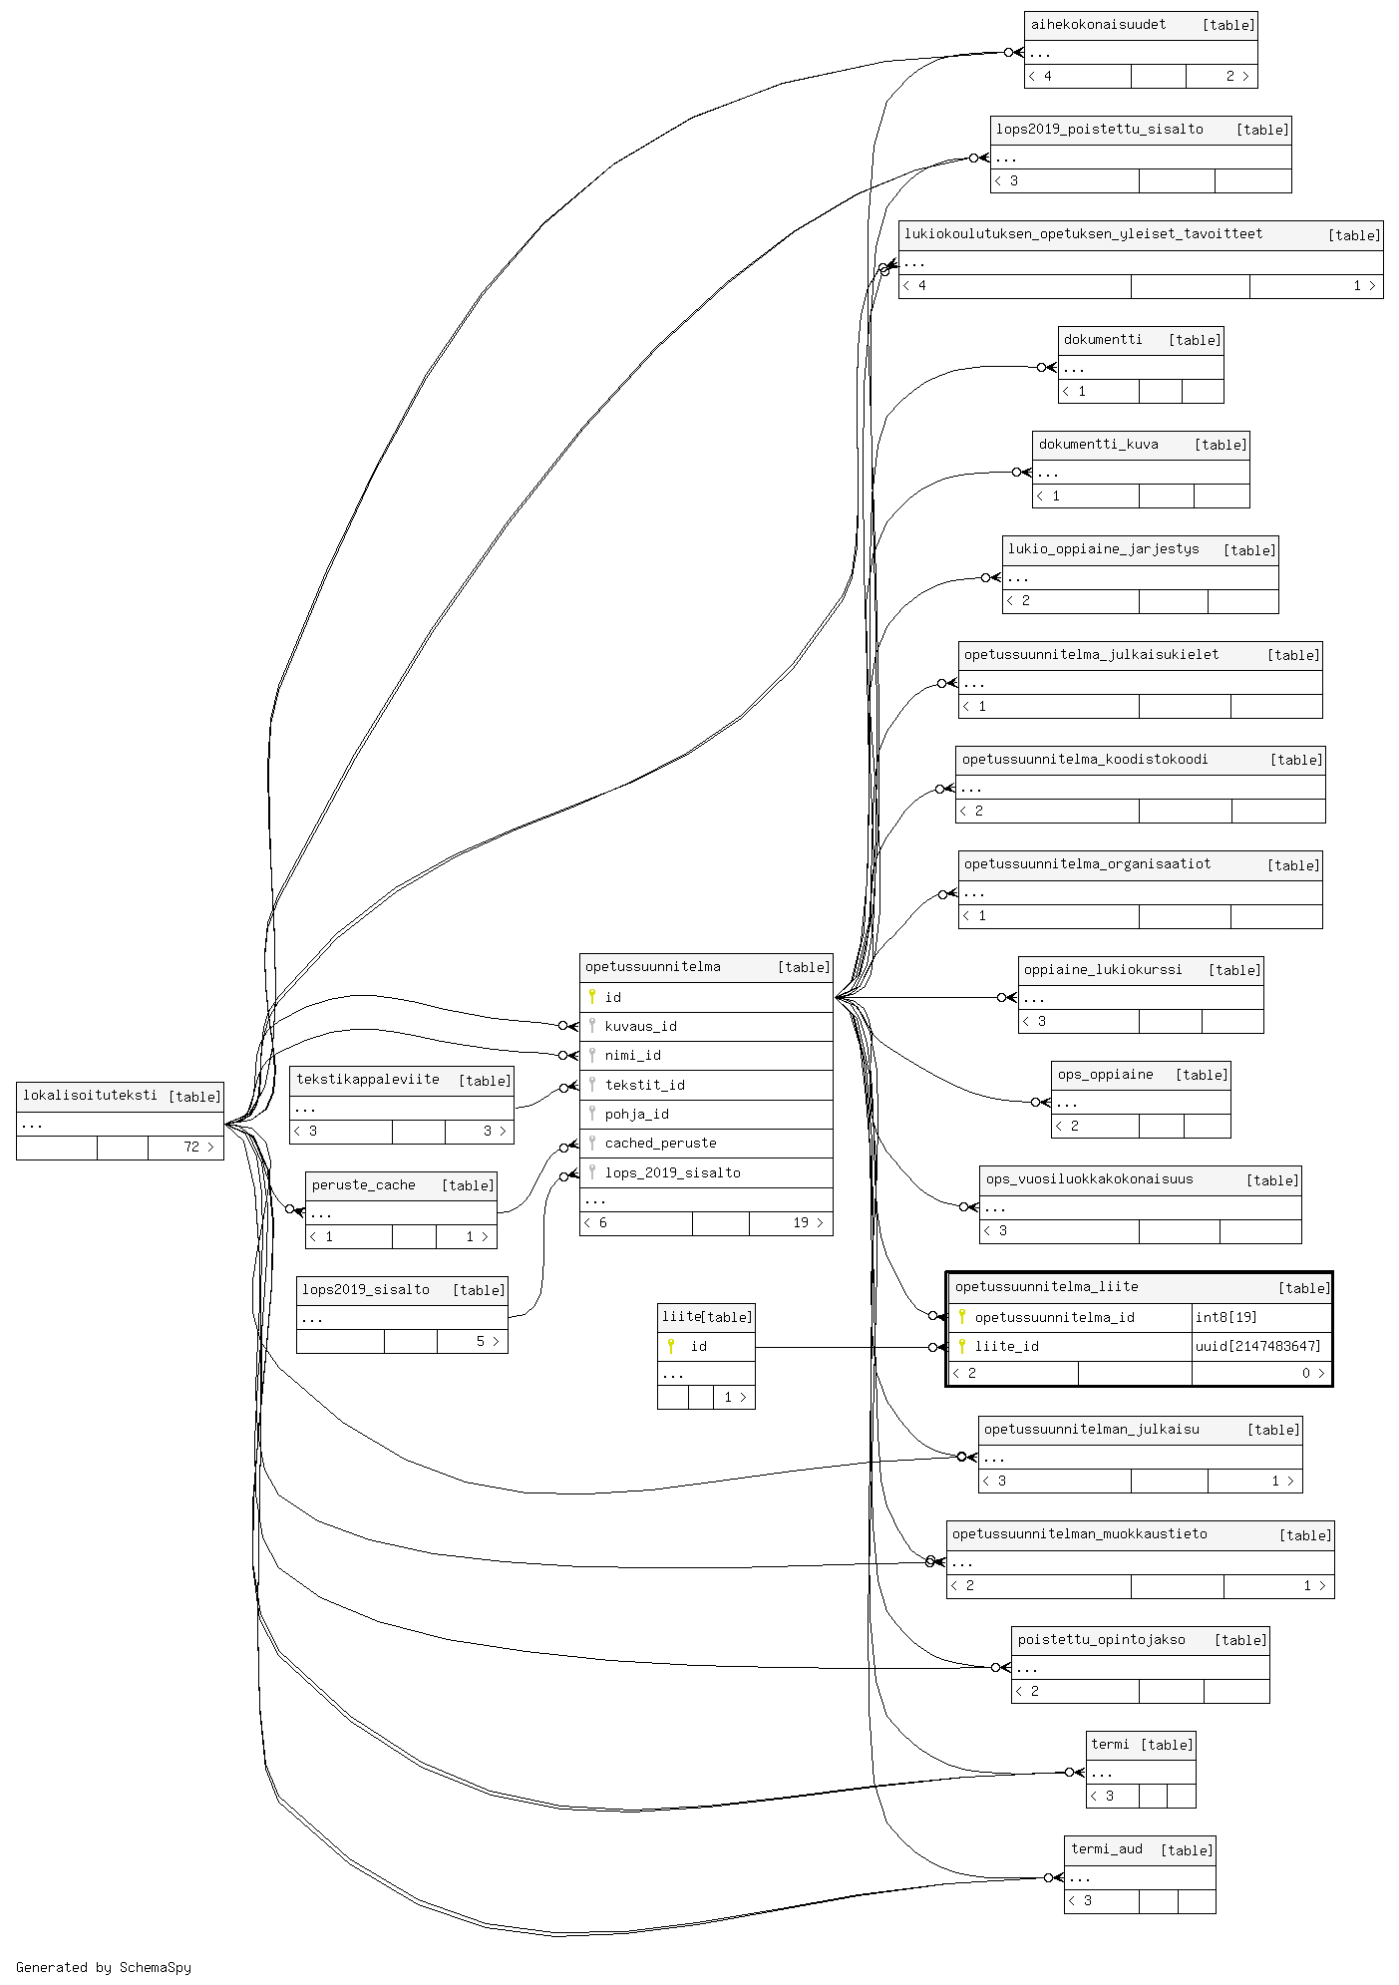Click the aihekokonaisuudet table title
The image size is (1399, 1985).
(x=1098, y=25)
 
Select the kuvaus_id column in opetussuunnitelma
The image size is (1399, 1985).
(x=640, y=1026)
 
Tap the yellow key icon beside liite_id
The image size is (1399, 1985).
(x=962, y=1346)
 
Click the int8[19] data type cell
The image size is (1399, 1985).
(x=1225, y=1317)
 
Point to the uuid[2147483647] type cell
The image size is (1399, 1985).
(x=1257, y=1346)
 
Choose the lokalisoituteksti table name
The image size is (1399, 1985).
(x=90, y=1095)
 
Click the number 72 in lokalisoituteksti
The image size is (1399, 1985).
(x=191, y=1148)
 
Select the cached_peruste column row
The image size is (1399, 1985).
(x=660, y=1143)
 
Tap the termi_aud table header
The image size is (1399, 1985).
(x=1107, y=1849)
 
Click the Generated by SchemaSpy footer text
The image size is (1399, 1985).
(x=104, y=1967)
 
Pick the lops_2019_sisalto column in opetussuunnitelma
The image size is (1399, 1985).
(x=672, y=1172)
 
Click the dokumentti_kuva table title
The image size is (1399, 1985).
(x=1098, y=445)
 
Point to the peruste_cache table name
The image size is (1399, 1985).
(x=363, y=1185)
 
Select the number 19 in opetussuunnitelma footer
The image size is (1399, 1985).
(x=801, y=1223)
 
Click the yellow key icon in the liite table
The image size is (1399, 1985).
(x=671, y=1346)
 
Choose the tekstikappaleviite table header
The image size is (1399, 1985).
(x=368, y=1080)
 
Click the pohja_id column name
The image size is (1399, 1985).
(x=636, y=1114)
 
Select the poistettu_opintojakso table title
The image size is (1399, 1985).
(x=1101, y=1640)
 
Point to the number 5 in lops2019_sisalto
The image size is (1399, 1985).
(x=480, y=1342)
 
